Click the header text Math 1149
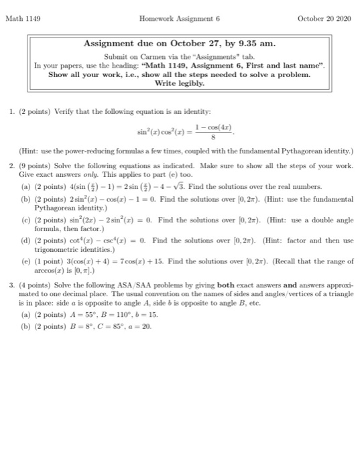pos(24,19)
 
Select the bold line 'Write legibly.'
pos(179,84)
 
